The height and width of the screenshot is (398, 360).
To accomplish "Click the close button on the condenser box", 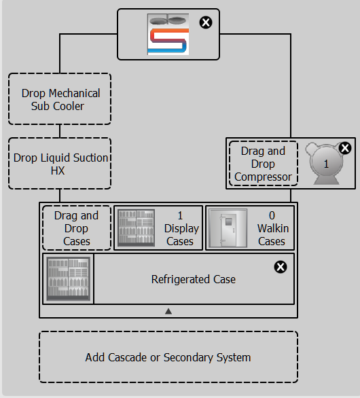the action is click(206, 22).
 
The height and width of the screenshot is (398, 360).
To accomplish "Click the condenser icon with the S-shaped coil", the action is click(168, 34).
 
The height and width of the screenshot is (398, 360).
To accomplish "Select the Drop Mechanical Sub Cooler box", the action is click(60, 99).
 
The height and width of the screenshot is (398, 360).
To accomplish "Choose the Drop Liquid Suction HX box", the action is click(60, 164).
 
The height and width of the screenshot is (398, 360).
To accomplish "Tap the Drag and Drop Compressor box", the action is click(264, 164).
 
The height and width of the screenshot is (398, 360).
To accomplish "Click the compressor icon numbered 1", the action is click(325, 163).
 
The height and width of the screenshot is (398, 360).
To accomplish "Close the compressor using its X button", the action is click(345, 148).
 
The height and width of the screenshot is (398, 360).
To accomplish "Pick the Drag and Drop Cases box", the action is click(77, 228).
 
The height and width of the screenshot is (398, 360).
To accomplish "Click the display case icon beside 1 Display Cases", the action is click(137, 228).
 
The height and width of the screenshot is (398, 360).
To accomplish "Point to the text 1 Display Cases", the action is click(181, 228).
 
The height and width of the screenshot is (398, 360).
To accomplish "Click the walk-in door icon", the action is click(228, 228).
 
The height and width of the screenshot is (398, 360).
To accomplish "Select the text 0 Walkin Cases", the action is click(273, 228).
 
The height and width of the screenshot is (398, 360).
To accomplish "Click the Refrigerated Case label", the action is click(194, 279).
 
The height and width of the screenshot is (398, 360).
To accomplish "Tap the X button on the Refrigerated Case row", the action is click(281, 267).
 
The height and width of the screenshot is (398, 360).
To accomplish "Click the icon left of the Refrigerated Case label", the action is click(69, 278).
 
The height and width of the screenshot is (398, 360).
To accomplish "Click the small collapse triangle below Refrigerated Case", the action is click(168, 311).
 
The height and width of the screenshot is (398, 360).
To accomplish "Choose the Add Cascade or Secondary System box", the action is click(168, 357).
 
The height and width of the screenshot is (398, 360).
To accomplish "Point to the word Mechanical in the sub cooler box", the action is click(75, 93).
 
